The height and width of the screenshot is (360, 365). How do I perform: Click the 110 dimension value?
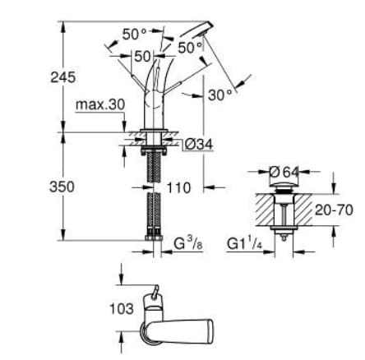click(177, 187)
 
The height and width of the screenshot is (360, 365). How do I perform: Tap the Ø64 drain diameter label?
click(284, 172)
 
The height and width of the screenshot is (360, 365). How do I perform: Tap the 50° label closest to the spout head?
click(190, 48)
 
